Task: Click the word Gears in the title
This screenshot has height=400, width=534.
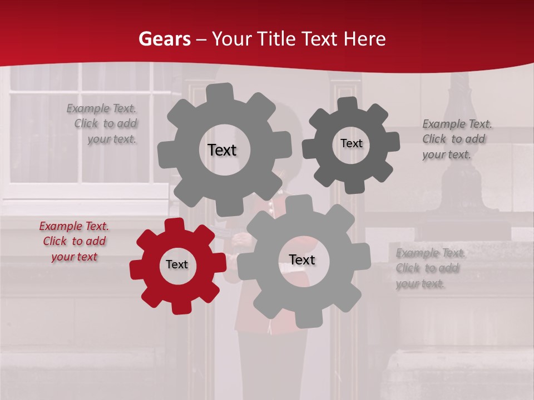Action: click(x=164, y=39)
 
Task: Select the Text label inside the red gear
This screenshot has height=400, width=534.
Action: click(x=177, y=265)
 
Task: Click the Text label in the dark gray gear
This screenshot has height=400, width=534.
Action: click(x=351, y=143)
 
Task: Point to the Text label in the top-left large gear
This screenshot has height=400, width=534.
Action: click(x=222, y=150)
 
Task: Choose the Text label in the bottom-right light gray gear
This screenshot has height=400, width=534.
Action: click(x=302, y=260)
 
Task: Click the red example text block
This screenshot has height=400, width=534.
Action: click(x=74, y=241)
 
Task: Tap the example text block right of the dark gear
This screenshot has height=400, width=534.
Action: click(x=454, y=139)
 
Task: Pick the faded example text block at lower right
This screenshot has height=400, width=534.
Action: click(x=428, y=268)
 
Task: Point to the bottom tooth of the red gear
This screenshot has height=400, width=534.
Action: click(x=180, y=307)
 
